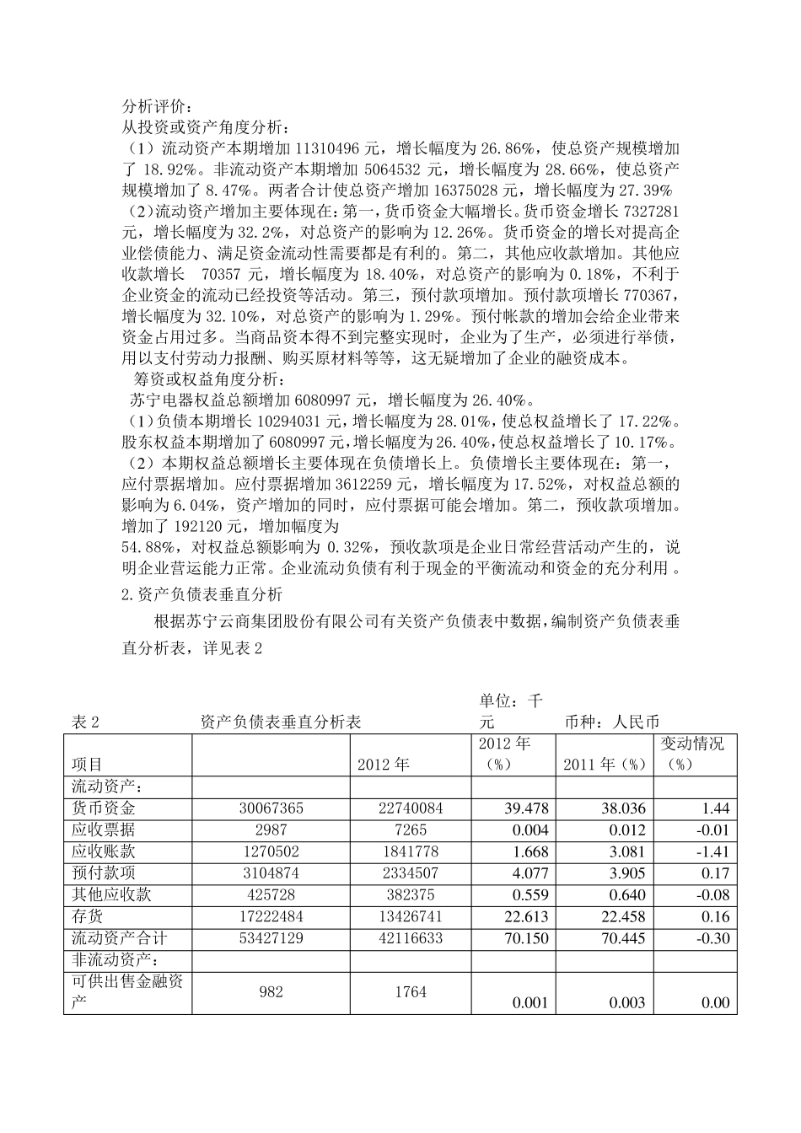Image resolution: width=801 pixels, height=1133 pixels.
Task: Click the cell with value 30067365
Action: tap(271, 808)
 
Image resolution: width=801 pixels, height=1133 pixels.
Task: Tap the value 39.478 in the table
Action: tap(526, 808)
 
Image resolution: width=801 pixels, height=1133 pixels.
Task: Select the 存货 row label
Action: tap(88, 916)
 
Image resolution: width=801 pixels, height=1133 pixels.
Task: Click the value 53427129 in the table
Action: tap(271, 938)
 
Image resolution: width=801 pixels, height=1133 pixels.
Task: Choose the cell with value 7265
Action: tap(411, 830)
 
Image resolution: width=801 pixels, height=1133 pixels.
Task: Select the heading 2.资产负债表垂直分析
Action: tap(202, 593)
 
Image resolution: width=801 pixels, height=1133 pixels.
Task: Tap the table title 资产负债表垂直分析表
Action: tap(280, 722)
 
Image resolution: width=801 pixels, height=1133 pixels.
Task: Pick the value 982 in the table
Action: tap(271, 991)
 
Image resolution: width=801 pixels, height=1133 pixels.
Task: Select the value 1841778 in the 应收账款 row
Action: tap(411, 851)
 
